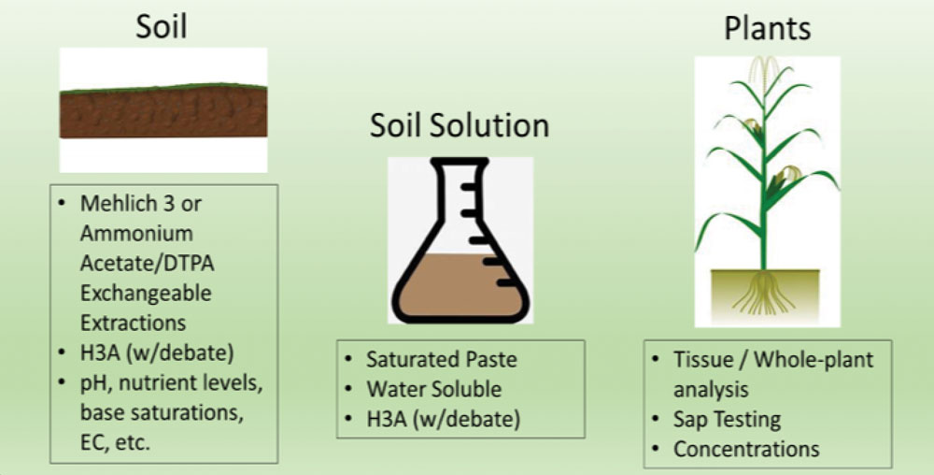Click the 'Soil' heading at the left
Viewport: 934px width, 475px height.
click(x=162, y=26)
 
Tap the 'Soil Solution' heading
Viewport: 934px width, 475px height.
click(x=460, y=125)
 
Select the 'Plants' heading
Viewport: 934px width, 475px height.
click(x=767, y=28)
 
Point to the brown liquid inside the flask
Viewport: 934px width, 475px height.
click(x=460, y=286)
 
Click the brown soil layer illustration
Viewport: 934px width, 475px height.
click(x=163, y=112)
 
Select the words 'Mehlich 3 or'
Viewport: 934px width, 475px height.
click(x=141, y=204)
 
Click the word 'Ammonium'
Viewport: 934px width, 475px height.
click(x=136, y=233)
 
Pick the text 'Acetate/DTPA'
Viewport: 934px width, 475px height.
click(x=148, y=264)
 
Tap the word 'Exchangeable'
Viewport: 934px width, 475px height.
click(x=146, y=294)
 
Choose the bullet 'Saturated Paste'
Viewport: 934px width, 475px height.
click(x=442, y=359)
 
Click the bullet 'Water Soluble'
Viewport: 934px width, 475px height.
click(x=433, y=389)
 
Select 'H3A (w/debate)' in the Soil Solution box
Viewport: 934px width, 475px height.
click(x=443, y=419)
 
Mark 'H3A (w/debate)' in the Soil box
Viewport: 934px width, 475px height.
click(x=157, y=353)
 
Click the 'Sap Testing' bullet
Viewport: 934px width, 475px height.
click(x=727, y=419)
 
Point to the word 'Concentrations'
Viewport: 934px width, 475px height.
click(x=746, y=449)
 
